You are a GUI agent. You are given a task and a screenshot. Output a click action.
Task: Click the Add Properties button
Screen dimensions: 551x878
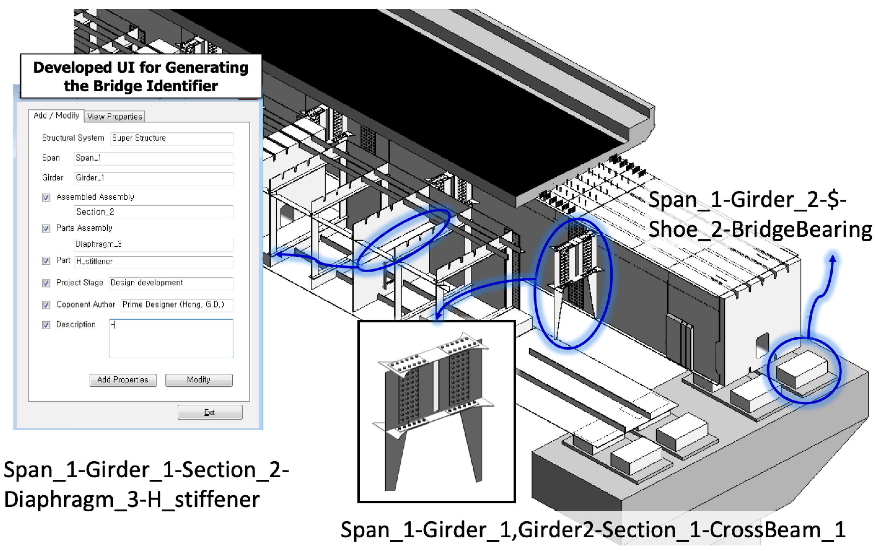123,380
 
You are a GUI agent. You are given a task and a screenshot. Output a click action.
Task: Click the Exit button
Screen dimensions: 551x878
209,412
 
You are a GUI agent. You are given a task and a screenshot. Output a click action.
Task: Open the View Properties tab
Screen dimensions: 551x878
114,117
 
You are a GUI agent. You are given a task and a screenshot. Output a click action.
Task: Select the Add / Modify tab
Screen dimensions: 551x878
56,116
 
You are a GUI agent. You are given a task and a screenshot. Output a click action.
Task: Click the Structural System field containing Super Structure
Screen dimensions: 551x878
171,138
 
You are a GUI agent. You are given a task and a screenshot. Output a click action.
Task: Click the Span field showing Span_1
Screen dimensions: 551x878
153,158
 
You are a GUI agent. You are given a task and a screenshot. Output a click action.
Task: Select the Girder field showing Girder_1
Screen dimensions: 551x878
153,178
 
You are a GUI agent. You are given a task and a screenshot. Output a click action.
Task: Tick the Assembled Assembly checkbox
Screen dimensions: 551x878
46,198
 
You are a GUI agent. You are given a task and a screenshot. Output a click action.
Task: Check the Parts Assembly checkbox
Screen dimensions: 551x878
46,228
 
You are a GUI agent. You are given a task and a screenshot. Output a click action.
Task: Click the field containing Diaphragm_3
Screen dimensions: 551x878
153,245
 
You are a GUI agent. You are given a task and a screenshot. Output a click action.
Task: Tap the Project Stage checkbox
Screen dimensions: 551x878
46,283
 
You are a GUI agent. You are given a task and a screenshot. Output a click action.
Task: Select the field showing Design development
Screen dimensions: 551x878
171,283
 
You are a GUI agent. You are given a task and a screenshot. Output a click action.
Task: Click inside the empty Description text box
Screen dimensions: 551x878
171,339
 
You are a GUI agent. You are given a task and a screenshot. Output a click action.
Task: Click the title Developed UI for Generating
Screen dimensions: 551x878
141,68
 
